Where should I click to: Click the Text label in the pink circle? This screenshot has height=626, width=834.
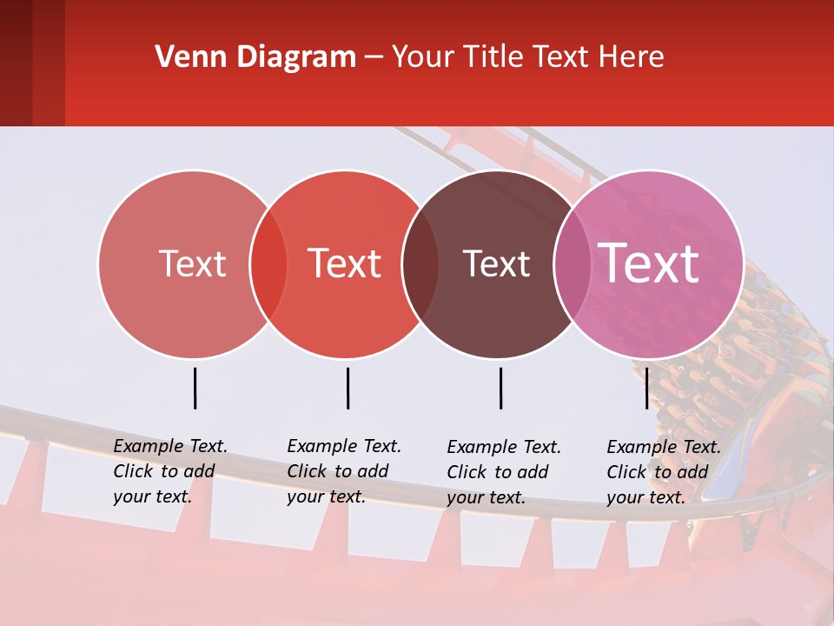pyautogui.click(x=649, y=263)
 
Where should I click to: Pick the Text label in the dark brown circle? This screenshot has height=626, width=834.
pyautogui.click(x=496, y=263)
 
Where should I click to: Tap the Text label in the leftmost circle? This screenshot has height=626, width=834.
pyautogui.click(x=192, y=263)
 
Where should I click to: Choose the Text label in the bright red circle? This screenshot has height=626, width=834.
pyautogui.click(x=344, y=263)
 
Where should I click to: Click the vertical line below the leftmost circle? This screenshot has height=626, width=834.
pyautogui.click(x=195, y=388)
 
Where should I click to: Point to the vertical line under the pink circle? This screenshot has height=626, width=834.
pyautogui.click(x=646, y=388)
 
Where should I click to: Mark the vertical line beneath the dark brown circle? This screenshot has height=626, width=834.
pyautogui.click(x=500, y=388)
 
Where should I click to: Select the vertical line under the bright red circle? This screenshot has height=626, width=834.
pyautogui.click(x=347, y=388)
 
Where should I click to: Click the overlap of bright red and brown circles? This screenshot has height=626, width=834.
pyautogui.click(x=420, y=263)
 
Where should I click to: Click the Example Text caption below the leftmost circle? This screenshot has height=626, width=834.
pyautogui.click(x=169, y=471)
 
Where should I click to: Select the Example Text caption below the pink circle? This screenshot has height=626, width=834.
pyautogui.click(x=663, y=472)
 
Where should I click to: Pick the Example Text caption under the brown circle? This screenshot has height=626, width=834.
pyautogui.click(x=503, y=472)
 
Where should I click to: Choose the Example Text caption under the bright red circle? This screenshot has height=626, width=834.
pyautogui.click(x=343, y=471)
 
